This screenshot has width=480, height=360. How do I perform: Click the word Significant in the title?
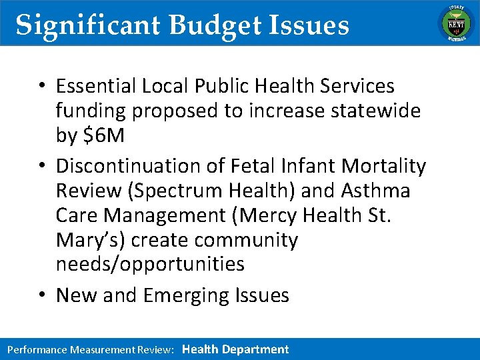click(x=88, y=25)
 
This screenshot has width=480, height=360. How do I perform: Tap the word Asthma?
click(x=375, y=191)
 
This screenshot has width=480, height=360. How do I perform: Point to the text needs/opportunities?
click(x=150, y=264)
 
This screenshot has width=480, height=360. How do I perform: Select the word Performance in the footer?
click(x=37, y=349)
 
